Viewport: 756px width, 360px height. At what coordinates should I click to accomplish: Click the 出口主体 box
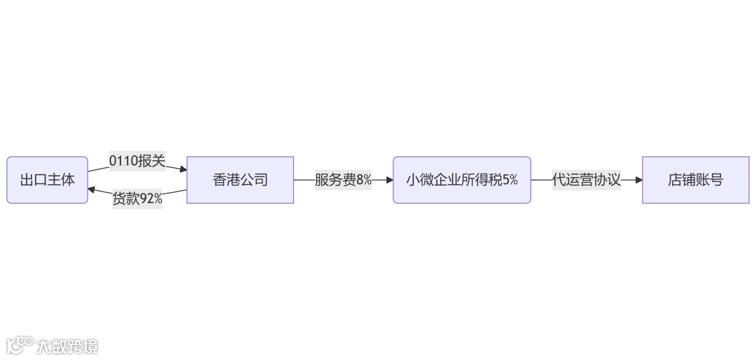(x=47, y=180)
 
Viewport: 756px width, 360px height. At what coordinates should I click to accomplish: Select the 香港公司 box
(x=240, y=180)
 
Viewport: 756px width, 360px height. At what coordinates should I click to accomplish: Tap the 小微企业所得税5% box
(x=462, y=180)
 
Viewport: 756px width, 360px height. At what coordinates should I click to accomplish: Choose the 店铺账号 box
(x=695, y=180)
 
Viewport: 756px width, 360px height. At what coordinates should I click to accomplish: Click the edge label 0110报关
(x=137, y=162)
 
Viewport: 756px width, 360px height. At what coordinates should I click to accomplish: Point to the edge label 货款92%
(x=137, y=199)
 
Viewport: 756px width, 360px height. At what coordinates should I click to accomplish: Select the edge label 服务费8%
(x=343, y=180)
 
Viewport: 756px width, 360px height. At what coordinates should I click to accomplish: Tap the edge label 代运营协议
(x=587, y=180)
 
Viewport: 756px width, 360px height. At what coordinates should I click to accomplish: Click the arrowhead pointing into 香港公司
(x=183, y=169)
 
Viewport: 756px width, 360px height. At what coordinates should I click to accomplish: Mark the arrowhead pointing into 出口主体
(x=92, y=190)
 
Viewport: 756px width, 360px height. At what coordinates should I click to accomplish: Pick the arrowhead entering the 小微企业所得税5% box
(x=389, y=180)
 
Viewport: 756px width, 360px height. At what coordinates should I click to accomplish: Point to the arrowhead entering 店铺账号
(x=638, y=180)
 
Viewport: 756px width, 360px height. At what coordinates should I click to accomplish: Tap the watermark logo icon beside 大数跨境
(x=20, y=345)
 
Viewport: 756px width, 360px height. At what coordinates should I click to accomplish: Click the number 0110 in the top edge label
(x=123, y=162)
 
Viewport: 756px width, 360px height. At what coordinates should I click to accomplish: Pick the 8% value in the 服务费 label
(x=364, y=180)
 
